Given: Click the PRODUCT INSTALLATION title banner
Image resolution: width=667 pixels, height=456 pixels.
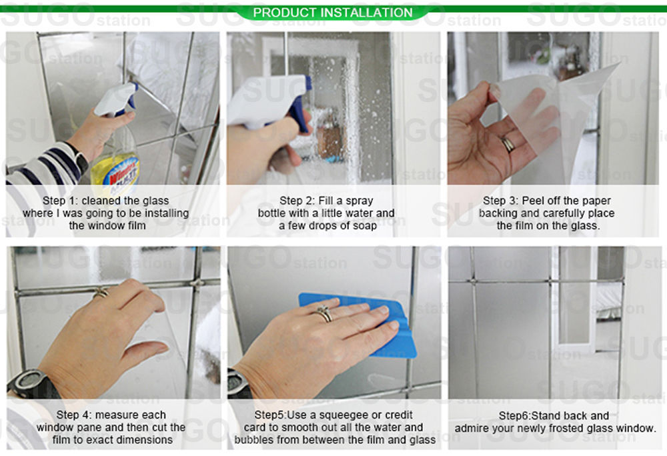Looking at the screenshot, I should click(333, 13).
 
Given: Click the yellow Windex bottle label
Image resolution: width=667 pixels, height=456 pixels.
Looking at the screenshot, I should click(115, 171).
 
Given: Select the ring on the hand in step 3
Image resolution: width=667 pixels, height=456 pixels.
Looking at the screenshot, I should click(508, 143).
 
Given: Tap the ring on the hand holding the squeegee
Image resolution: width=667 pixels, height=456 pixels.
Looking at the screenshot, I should click(325, 313).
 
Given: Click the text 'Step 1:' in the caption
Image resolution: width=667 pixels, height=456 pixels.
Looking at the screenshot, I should click(63, 201).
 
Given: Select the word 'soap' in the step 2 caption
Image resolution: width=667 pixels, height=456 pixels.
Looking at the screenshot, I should click(364, 225).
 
